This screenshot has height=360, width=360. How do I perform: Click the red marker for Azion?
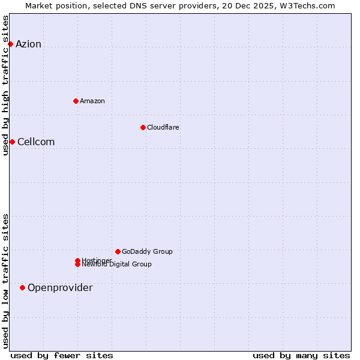[x=10, y=44]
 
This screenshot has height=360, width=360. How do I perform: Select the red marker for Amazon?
[x=76, y=101]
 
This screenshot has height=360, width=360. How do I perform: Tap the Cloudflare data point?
[x=143, y=127]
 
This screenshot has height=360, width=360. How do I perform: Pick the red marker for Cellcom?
[x=12, y=142]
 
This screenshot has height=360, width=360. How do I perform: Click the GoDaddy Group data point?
[x=118, y=251]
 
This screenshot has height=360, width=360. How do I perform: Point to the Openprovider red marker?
[x=22, y=287]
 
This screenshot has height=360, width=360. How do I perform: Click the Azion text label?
[x=28, y=44]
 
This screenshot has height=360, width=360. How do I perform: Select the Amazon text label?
[x=92, y=101]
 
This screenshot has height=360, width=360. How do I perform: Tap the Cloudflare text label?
[x=163, y=127]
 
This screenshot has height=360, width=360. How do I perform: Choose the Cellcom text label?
[x=36, y=142]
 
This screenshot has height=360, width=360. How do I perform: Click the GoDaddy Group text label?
[x=147, y=251]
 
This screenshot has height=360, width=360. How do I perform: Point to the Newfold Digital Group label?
[x=116, y=265]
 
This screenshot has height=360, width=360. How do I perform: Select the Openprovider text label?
[x=60, y=287]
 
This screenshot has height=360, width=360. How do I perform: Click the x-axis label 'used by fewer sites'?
[x=62, y=355]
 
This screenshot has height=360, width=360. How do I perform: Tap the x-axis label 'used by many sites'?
[x=301, y=355]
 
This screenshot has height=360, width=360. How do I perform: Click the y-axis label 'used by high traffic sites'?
[x=6, y=85]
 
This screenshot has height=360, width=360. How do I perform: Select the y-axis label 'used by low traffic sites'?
[x=6, y=281]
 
